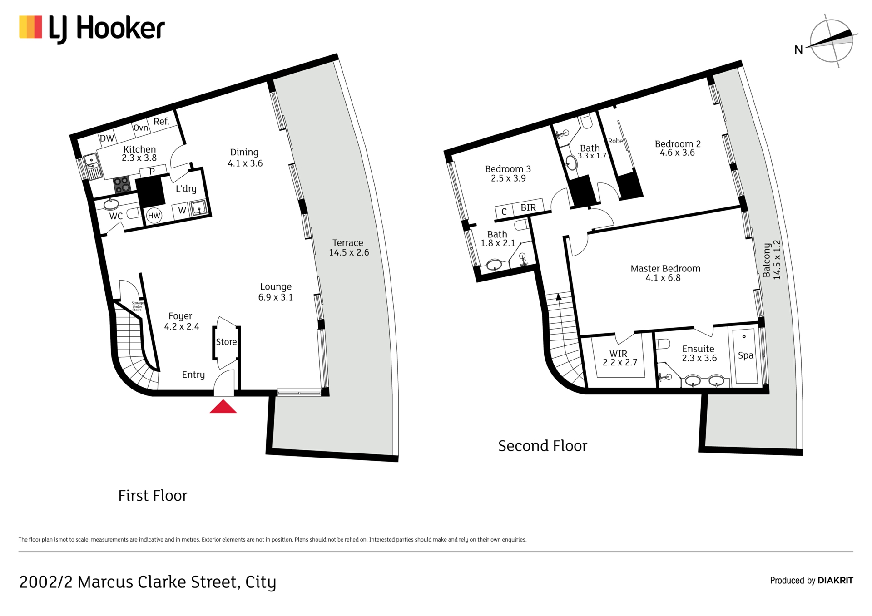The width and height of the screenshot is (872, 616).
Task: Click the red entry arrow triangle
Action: pyautogui.click(x=223, y=407)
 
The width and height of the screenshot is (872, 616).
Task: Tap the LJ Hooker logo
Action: pyautogui.click(x=92, y=29)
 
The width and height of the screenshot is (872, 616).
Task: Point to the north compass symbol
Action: pyautogui.click(x=832, y=41)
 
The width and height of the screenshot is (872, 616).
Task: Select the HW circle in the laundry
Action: pyautogui.click(x=154, y=216)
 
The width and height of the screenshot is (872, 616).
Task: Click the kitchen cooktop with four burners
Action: pyautogui.click(x=122, y=185)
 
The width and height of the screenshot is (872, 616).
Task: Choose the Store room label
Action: pyautogui.click(x=226, y=342)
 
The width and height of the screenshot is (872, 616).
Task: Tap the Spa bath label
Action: pyautogui.click(x=745, y=355)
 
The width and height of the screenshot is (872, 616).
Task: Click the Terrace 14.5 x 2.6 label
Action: pyautogui.click(x=348, y=248)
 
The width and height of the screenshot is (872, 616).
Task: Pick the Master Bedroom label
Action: pyautogui.click(x=665, y=273)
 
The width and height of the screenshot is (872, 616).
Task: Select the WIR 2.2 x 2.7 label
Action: pyautogui.click(x=619, y=358)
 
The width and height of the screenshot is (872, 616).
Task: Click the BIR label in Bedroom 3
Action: pyautogui.click(x=528, y=207)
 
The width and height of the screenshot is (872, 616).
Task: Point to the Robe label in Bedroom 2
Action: pyautogui.click(x=615, y=141)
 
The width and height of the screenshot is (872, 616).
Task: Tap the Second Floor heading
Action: pyautogui.click(x=542, y=446)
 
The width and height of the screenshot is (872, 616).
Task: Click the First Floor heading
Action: pyautogui.click(x=153, y=496)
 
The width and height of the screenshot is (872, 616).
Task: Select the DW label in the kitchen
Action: pyautogui.click(x=107, y=138)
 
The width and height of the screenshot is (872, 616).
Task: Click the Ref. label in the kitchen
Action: pyautogui.click(x=161, y=122)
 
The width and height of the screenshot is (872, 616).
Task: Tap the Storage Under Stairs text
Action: pyautogui.click(x=137, y=306)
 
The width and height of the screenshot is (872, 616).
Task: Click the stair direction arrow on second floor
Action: pyautogui.click(x=559, y=297)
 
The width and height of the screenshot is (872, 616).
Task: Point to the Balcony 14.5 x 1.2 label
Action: pyautogui.click(x=772, y=260)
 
